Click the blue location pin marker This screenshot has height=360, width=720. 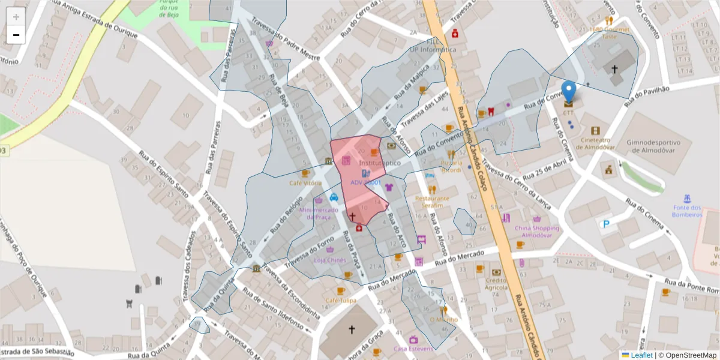coord(569,92)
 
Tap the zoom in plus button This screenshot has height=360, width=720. coord(16,16)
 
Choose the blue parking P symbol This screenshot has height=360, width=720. coord(606,224)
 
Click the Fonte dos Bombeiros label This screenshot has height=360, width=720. coord(687,211)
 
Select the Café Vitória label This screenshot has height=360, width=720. coord(305,183)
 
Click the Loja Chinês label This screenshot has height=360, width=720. coord(329,260)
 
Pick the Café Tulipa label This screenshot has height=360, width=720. coord(340,300)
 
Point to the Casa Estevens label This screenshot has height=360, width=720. coord(413,349)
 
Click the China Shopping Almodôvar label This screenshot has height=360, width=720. coord(536,231)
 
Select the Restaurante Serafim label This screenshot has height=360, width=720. coord(432,202)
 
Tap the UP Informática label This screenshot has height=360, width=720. coord(433,50)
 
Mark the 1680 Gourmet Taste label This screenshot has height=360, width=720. coord(609,32)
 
